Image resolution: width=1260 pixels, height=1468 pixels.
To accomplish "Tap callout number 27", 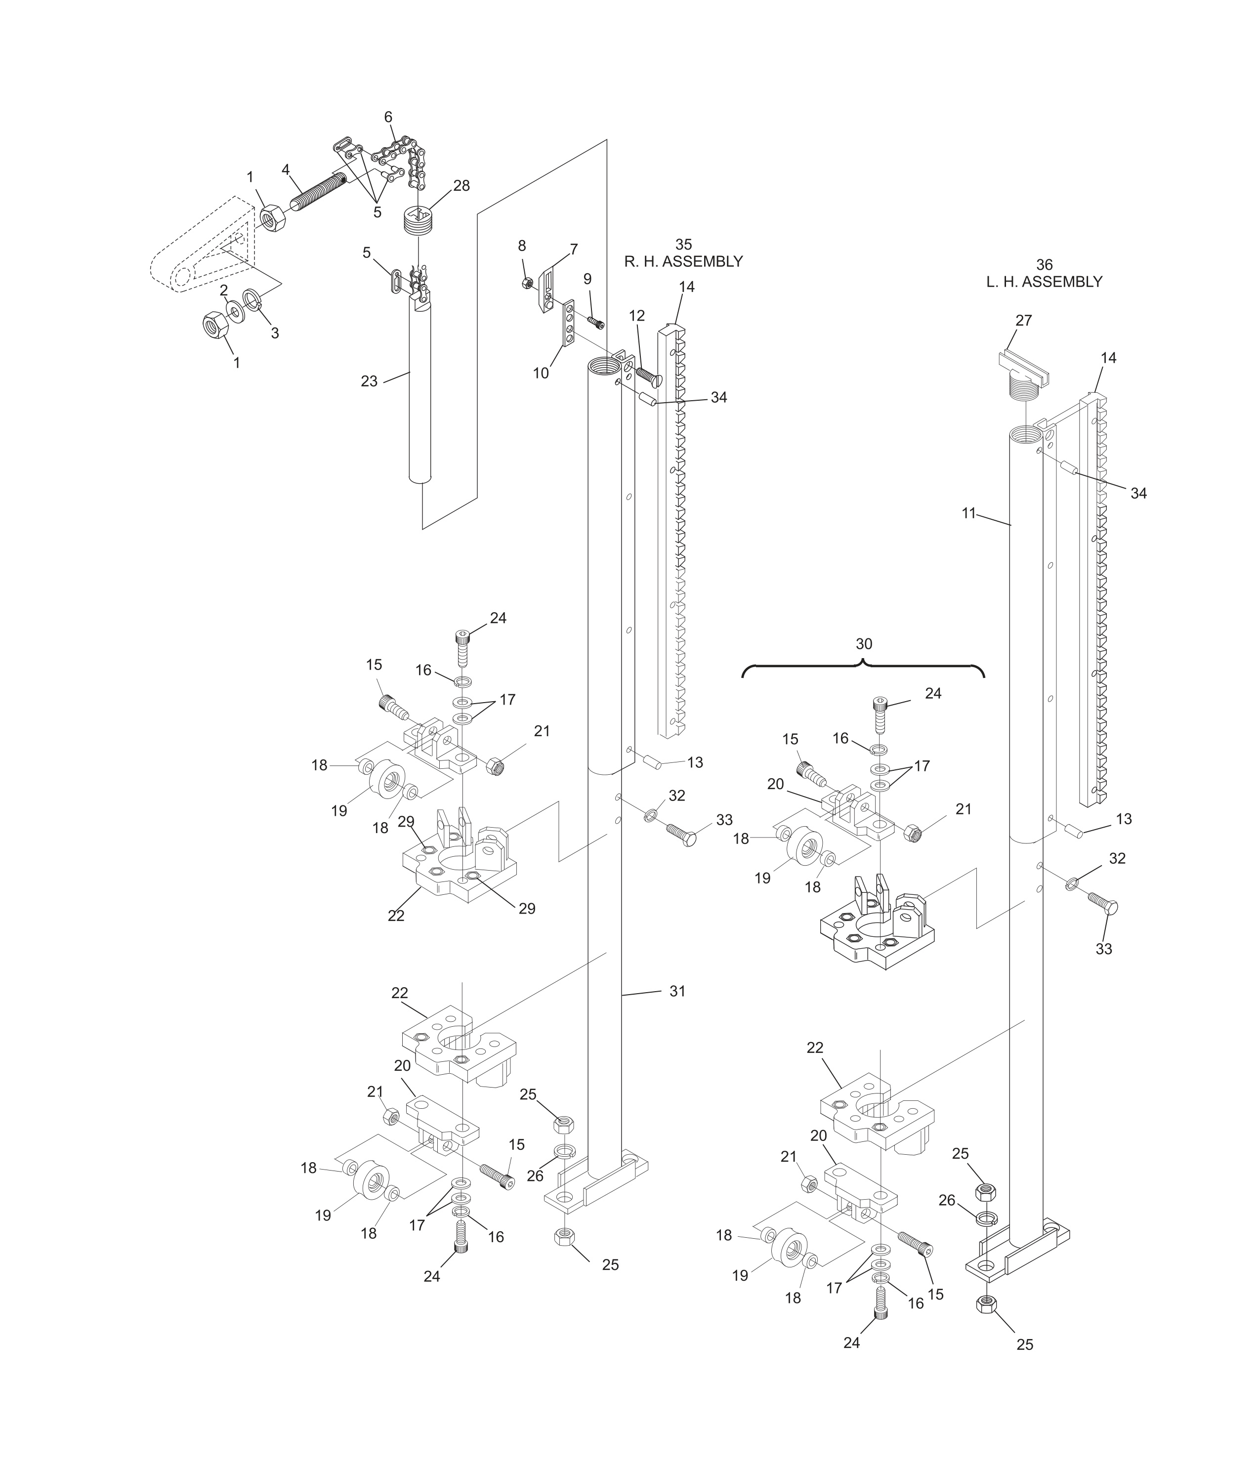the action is point(1023,320).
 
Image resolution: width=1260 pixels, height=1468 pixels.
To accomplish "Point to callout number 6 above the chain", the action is point(388,117).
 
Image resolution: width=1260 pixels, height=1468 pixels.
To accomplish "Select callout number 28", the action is point(462,186).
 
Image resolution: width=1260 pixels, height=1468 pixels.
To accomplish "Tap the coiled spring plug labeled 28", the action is point(420,220).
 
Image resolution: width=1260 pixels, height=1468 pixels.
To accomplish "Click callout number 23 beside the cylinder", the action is point(369,381).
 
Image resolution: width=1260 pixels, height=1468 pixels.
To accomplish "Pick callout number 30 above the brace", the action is point(864,644).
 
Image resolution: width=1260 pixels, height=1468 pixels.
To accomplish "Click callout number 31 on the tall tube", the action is point(677,991).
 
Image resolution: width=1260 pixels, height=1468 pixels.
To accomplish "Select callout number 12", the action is point(637,315).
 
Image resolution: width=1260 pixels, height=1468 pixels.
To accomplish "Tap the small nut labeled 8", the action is point(527,283).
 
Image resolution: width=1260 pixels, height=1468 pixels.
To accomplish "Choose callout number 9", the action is point(588,279).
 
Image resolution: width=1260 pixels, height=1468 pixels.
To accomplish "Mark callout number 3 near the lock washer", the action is point(274,333).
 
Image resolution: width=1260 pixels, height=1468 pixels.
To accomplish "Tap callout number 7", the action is point(573,250).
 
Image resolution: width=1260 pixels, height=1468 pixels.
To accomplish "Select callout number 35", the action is point(683,245).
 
